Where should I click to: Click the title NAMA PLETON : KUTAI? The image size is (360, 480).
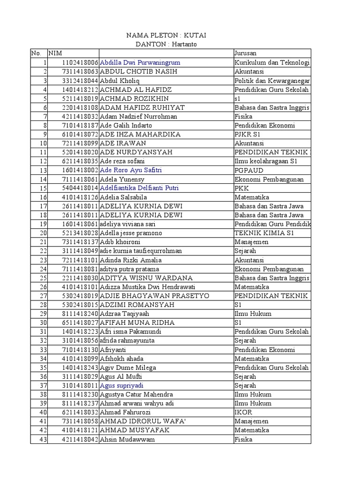pos(167,36)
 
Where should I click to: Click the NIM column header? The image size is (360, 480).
pos(54,53)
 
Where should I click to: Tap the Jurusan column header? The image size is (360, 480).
pos(245,53)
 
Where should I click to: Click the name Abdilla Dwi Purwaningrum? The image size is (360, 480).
pos(140,62)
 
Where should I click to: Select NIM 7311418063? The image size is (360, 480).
pos(80,71)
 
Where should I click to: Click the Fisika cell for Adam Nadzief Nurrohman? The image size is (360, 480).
pos(244,116)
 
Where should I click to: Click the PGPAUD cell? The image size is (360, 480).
pos(249,170)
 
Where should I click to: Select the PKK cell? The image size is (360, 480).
pos(242,188)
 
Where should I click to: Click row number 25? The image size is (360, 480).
pos(43,278)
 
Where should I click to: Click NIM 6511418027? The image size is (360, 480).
pos(80,322)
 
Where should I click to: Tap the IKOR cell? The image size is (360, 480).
pos(243,412)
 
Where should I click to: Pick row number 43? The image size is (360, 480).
pos(43,439)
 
